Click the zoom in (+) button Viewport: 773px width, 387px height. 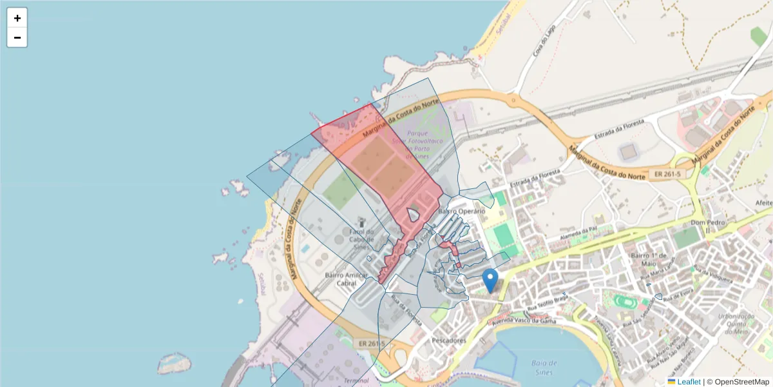click(x=17, y=18)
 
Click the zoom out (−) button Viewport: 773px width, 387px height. click(x=17, y=37)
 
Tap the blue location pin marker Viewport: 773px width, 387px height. click(x=490, y=280)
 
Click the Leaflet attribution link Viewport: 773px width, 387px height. click(x=688, y=382)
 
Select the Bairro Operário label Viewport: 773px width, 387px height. click(x=461, y=211)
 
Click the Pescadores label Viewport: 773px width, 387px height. click(x=449, y=340)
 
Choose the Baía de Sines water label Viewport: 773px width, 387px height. click(x=544, y=368)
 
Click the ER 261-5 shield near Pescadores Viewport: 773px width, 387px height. click(x=368, y=344)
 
